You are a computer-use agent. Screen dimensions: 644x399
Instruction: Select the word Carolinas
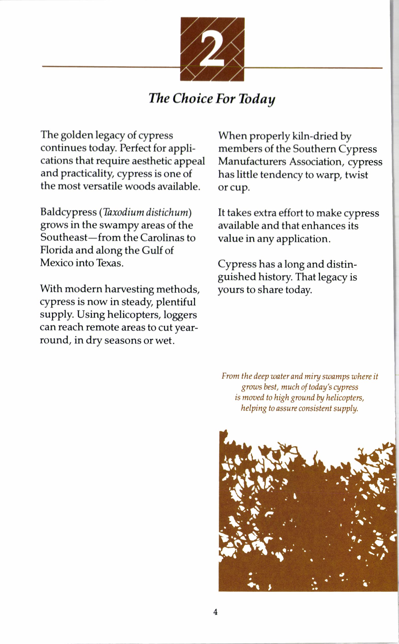tap(163, 238)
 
